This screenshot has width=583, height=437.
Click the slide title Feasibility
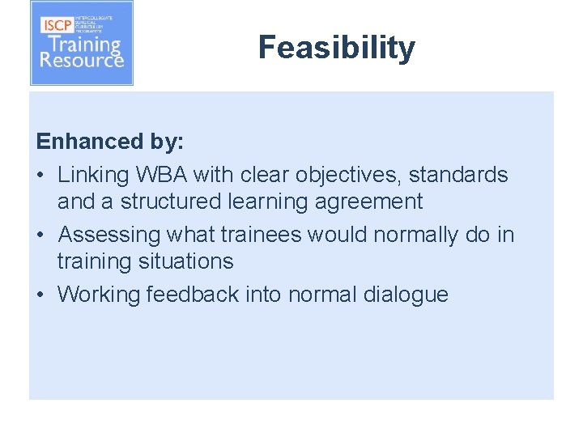click(336, 49)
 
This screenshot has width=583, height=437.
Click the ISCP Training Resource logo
click(82, 44)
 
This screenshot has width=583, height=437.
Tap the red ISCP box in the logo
click(58, 24)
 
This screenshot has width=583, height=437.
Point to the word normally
click(417, 235)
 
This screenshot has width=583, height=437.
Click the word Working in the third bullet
click(99, 295)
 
